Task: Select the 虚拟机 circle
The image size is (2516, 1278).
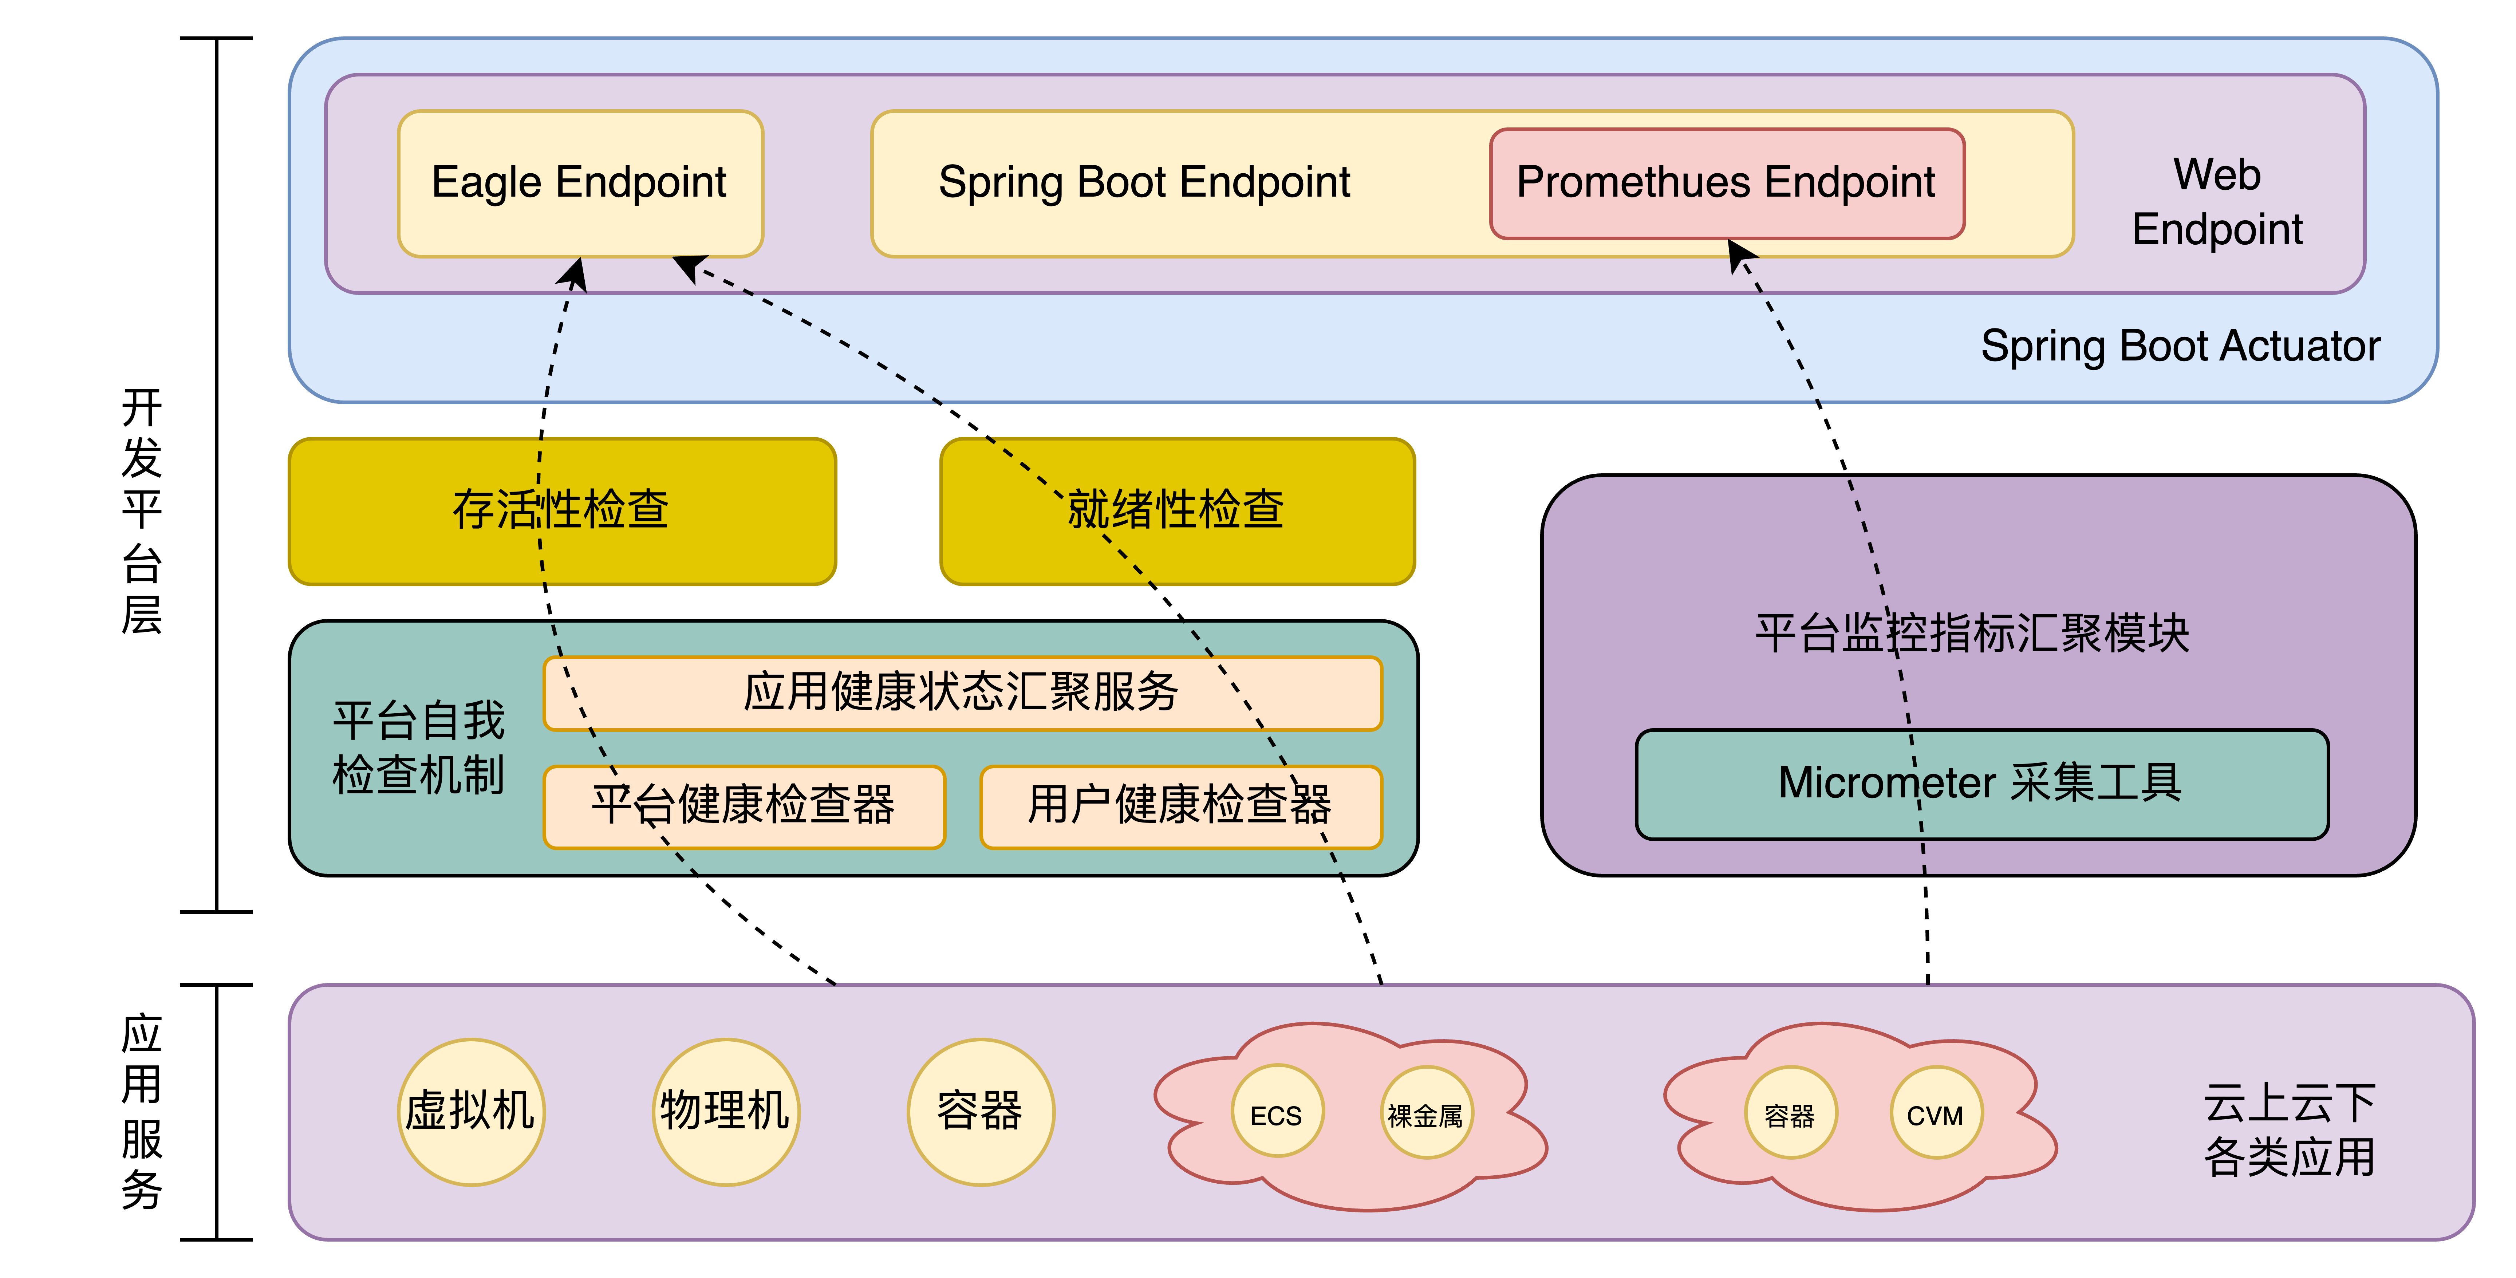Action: point(471,1112)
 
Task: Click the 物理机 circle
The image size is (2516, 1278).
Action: point(726,1112)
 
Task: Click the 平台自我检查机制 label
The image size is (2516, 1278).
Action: point(418,748)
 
